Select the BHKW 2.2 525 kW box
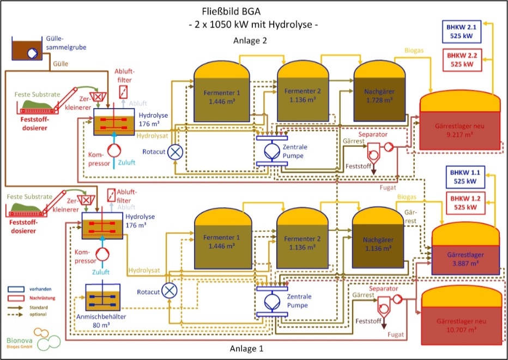[462, 59]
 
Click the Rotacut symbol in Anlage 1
[171, 291]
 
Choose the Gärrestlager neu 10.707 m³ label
[462, 326]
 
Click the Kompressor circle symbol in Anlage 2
[112, 150]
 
